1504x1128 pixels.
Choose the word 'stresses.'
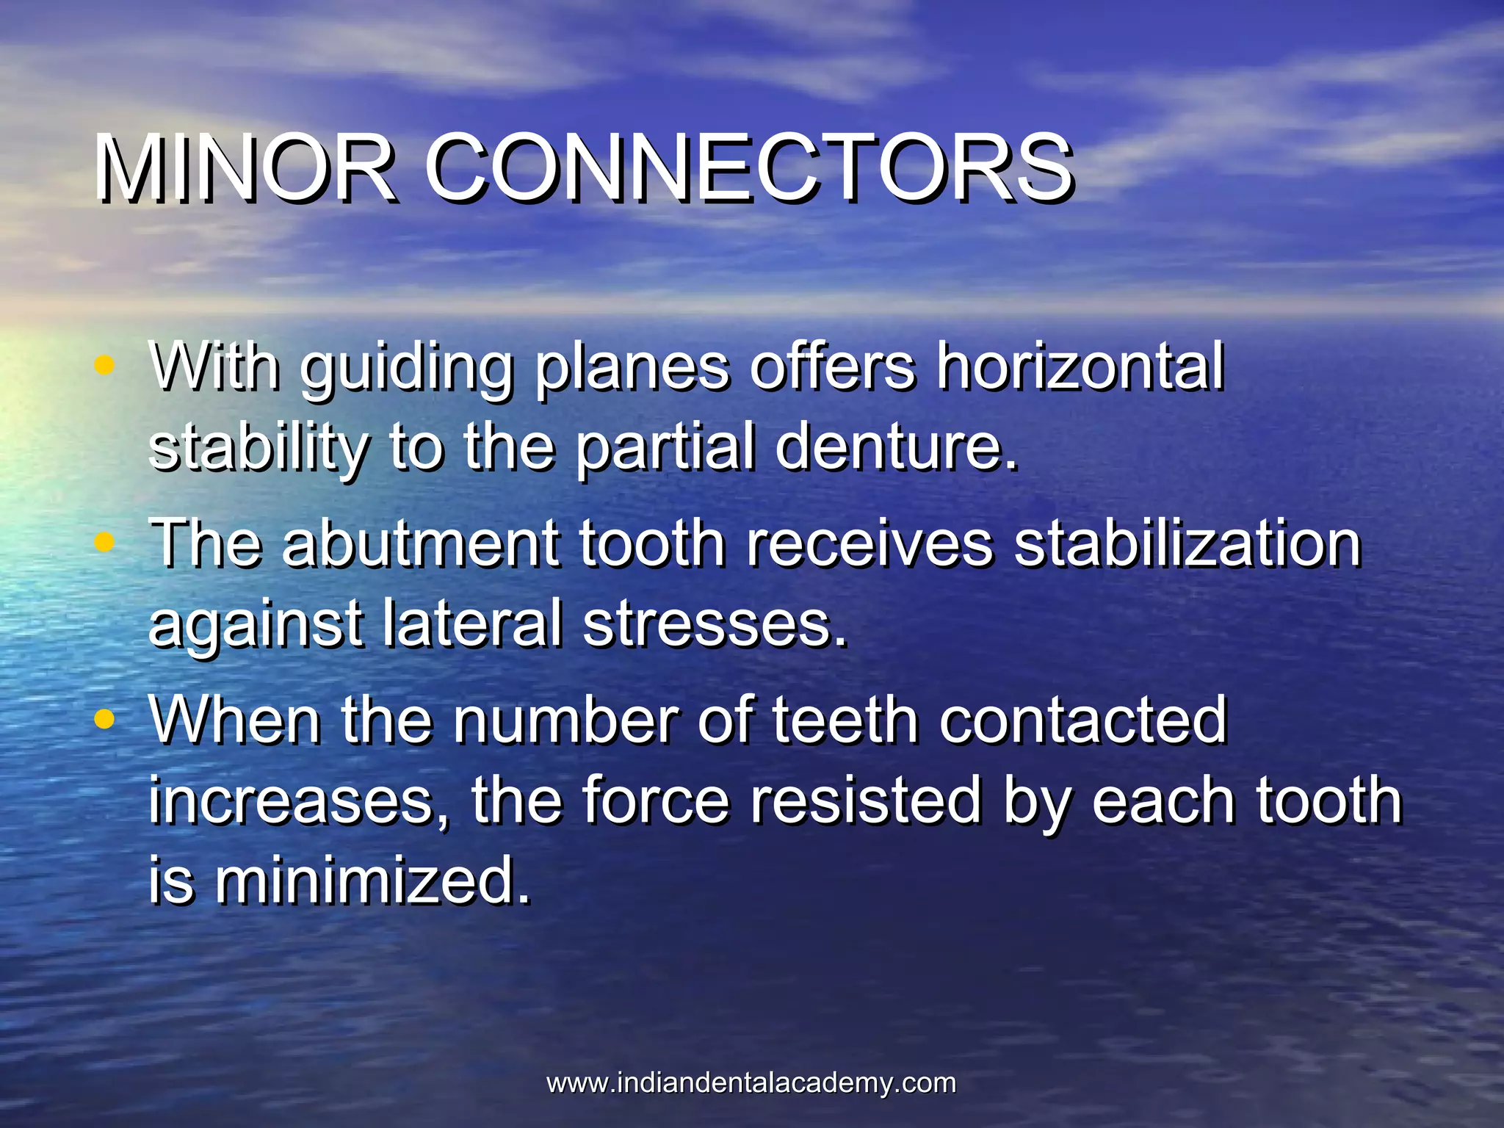click(x=715, y=624)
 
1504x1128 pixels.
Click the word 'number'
click(x=565, y=720)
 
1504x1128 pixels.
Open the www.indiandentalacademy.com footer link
click(x=751, y=1083)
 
